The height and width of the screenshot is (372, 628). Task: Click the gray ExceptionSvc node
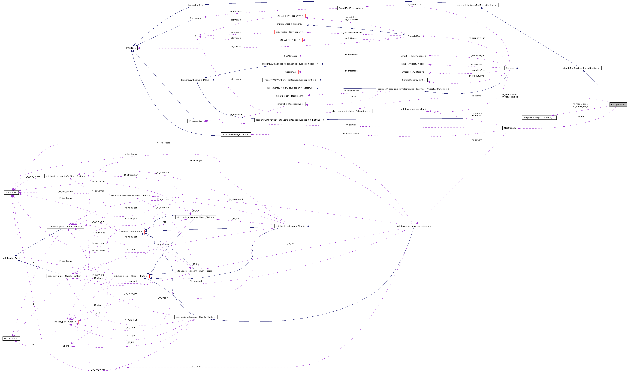(618, 104)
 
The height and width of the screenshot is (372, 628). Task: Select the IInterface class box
(131, 48)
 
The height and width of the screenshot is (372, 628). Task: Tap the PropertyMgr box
(414, 36)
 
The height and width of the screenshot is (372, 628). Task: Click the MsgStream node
(510, 128)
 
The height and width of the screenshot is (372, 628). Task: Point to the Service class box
(510, 68)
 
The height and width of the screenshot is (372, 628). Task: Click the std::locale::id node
(11, 338)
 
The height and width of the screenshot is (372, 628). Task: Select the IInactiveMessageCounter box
(236, 134)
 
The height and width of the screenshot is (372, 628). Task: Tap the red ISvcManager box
(290, 56)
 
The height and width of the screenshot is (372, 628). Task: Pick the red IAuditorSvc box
(290, 72)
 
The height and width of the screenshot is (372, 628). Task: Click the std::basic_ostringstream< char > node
(414, 226)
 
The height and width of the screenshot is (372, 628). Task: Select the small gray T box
(196, 36)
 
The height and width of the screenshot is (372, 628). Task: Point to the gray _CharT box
(66, 346)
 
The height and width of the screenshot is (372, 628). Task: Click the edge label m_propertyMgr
(477, 38)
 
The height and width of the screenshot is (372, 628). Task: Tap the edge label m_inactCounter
(351, 134)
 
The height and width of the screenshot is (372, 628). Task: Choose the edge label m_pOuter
(236, 46)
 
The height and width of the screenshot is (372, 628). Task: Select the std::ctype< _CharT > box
(66, 322)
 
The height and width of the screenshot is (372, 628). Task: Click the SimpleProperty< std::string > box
(539, 118)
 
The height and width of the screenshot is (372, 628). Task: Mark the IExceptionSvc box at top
(196, 5)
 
